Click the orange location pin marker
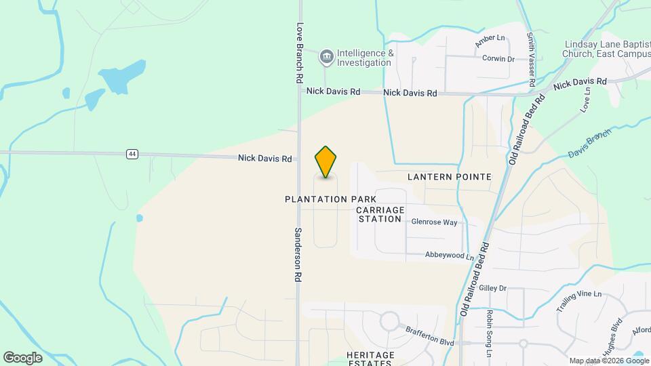pyautogui.click(x=325, y=162)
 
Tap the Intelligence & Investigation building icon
pyautogui.click(x=327, y=58)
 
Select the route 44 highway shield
pyautogui.click(x=132, y=155)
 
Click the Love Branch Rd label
pyautogui.click(x=298, y=54)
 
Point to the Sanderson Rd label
pyautogui.click(x=297, y=254)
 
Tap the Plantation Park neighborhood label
pyautogui.click(x=330, y=199)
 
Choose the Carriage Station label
pyautogui.click(x=380, y=214)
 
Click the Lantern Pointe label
pyautogui.click(x=449, y=176)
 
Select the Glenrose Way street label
pyautogui.click(x=434, y=222)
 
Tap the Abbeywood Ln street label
pyautogui.click(x=449, y=256)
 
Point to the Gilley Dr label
pyautogui.click(x=493, y=288)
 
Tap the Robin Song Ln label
pyautogui.click(x=488, y=333)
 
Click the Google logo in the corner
pyautogui.click(x=22, y=357)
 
